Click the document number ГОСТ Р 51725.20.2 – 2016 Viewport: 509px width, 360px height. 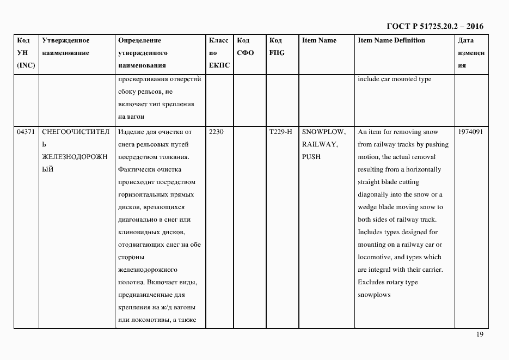click(x=434, y=26)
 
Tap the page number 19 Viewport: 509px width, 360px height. click(x=480, y=334)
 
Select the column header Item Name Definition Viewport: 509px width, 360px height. click(x=391, y=40)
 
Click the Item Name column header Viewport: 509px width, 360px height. click(x=319, y=40)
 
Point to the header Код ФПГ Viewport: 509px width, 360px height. click(x=277, y=46)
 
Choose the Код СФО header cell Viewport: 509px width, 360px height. click(x=245, y=46)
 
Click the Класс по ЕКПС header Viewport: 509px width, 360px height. click(x=219, y=53)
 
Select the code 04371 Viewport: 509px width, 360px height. click(x=26, y=132)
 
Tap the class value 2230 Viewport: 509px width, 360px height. click(x=216, y=132)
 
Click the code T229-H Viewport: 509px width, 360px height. click(x=280, y=132)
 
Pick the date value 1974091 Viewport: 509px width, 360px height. click(x=470, y=132)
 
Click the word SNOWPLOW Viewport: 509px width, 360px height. click(x=323, y=132)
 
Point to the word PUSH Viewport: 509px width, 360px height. click(x=311, y=157)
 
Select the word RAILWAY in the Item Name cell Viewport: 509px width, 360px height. click(x=319, y=144)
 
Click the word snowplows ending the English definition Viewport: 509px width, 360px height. click(x=374, y=295)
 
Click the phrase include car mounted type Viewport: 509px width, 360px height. click(x=394, y=79)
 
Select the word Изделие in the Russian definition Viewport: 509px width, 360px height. click(x=131, y=132)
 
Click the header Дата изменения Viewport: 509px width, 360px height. click(x=471, y=53)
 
